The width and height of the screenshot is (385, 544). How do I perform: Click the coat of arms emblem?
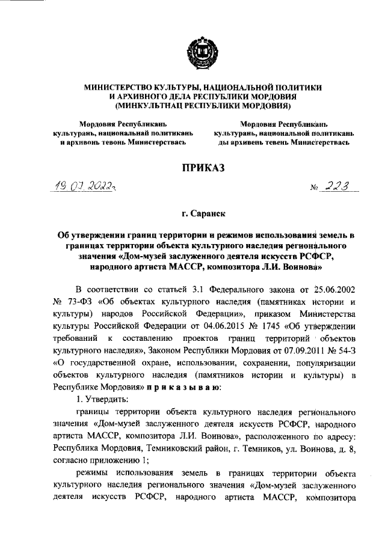199,50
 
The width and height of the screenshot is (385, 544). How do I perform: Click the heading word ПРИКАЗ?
199,170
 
